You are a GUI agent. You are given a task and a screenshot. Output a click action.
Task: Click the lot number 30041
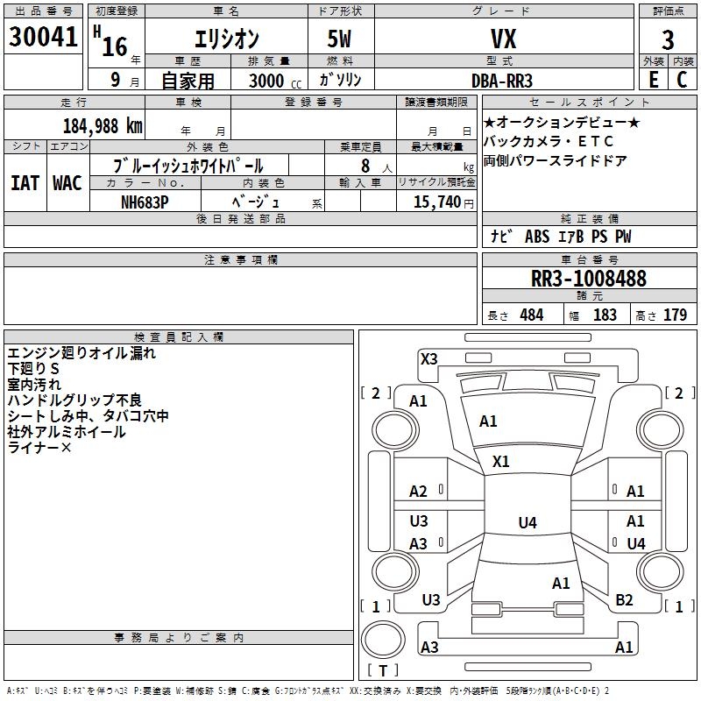coord(43,38)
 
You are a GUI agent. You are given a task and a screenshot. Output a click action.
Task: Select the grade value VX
coord(502,39)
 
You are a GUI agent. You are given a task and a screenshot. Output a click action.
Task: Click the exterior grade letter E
coord(653,79)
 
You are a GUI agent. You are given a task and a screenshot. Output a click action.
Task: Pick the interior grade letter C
coord(682,79)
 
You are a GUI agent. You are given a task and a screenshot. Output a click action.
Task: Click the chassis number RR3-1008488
coord(589,279)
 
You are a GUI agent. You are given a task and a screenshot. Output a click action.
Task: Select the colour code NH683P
coord(145,201)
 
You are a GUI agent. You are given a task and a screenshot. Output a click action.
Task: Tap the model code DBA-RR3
coord(502,80)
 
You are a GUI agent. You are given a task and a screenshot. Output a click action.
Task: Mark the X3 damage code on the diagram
coord(428,358)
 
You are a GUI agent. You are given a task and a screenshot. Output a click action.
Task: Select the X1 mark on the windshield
coord(501,461)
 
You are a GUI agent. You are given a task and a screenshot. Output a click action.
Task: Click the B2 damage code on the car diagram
coord(624,599)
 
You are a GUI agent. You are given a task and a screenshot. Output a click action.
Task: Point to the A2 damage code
coord(419,492)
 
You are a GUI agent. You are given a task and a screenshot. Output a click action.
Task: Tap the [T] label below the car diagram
coord(382,671)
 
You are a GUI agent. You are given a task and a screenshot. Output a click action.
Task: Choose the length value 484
coord(531,315)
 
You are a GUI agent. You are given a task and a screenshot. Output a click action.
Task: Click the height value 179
coord(675,315)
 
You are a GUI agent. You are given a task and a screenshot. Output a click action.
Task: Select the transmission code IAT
coord(24,182)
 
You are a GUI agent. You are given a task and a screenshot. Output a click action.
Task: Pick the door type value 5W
coord(341,39)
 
